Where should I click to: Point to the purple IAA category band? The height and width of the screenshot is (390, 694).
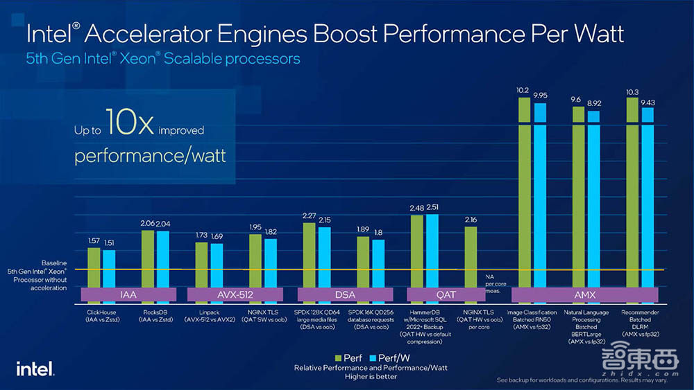[x=127, y=294]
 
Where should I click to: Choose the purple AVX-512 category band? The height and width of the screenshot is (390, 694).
[x=236, y=294]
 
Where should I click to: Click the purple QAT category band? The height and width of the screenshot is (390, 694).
[x=446, y=294]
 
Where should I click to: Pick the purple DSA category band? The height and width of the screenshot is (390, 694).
[x=345, y=294]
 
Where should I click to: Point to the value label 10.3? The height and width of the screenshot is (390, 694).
[x=632, y=91]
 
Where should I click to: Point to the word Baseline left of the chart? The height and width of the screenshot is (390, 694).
[x=53, y=263]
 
